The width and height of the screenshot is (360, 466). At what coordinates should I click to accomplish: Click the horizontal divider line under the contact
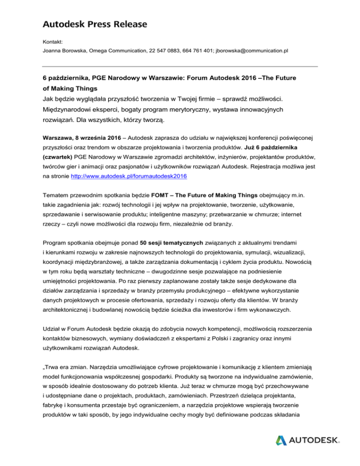(180, 67)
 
